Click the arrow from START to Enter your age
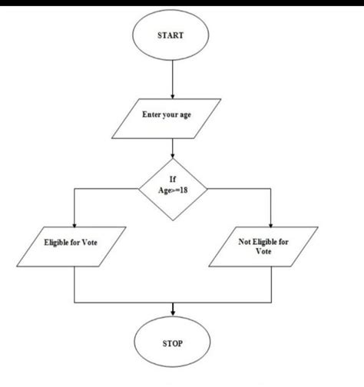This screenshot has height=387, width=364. [173, 77]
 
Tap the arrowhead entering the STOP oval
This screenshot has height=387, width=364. [173, 310]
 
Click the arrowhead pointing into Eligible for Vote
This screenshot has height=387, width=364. [73, 221]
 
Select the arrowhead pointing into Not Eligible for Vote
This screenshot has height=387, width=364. [270, 221]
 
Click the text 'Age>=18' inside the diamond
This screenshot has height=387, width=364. [174, 190]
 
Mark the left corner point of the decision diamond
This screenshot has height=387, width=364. [139, 187]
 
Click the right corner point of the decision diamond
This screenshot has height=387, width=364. [208, 187]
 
